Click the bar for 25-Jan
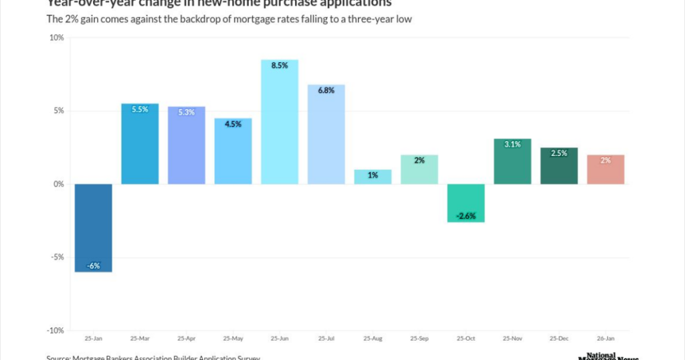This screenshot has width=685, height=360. click(93, 228)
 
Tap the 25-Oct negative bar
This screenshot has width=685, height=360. click(466, 203)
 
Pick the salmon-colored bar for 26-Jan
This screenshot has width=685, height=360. click(606, 169)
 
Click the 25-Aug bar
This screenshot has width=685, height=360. click(373, 177)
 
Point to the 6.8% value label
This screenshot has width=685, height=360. click(326, 91)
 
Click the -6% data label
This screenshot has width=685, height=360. click(93, 266)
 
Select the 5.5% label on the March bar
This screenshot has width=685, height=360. click(140, 110)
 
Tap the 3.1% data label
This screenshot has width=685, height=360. click(512, 145)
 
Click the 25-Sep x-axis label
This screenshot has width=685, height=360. click(419, 339)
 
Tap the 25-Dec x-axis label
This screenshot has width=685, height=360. click(559, 339)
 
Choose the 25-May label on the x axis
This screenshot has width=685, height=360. click(233, 339)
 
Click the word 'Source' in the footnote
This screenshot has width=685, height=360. click(59, 357)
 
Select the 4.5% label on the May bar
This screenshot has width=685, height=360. click(233, 124)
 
